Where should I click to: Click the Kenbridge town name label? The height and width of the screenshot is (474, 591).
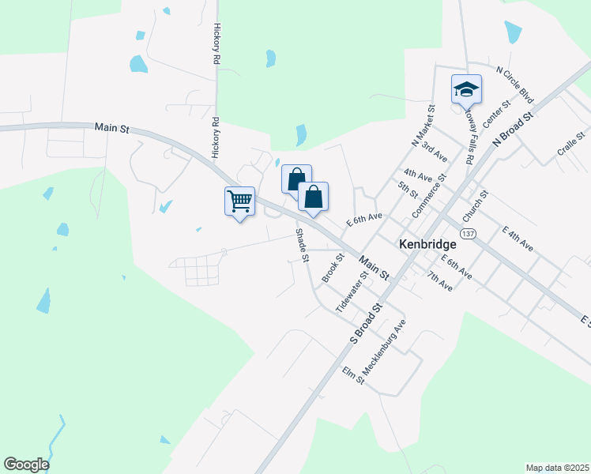pyautogui.click(x=428, y=244)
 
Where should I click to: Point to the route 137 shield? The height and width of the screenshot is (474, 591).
pyautogui.click(x=469, y=234)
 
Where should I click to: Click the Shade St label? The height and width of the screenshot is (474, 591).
pyautogui.click(x=301, y=245)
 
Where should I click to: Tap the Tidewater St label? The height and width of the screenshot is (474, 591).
pyautogui.click(x=352, y=293)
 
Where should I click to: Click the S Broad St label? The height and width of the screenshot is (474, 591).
pyautogui.click(x=366, y=322)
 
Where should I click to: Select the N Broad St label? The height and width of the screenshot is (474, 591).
pyautogui.click(x=514, y=126)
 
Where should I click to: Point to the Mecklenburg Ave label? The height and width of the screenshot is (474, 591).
pyautogui.click(x=384, y=348)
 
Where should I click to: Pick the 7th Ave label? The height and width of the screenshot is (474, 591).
pyautogui.click(x=439, y=281)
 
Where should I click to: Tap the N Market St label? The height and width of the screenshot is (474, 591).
pyautogui.click(x=423, y=126)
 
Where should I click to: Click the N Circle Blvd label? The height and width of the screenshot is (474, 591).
pyautogui.click(x=515, y=85)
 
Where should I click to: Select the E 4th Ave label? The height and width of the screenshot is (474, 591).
pyautogui.click(x=518, y=239)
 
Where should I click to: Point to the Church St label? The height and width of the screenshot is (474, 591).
pyautogui.click(x=476, y=205)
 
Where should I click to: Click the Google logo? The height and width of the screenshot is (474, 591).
pyautogui.click(x=26, y=465)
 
